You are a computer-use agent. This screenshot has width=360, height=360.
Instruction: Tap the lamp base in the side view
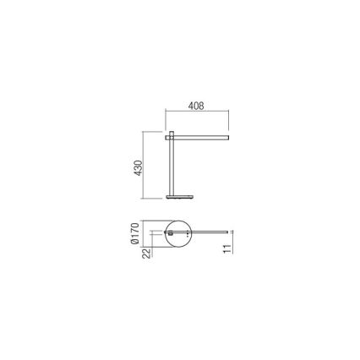[x=178, y=197]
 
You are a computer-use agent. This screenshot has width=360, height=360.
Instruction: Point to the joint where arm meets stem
[x=172, y=134]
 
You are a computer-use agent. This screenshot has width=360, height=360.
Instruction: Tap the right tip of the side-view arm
[x=228, y=134]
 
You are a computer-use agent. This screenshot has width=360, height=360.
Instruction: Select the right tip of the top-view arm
[x=227, y=231]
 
